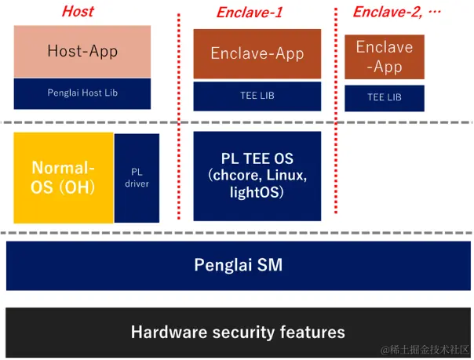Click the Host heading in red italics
[77, 11]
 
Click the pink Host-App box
[82, 52]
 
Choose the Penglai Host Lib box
[82, 93]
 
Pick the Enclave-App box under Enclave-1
[257, 54]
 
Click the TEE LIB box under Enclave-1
[257, 96]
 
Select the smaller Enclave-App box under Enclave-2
[385, 56]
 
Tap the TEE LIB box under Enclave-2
[385, 97]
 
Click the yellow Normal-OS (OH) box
[63, 177]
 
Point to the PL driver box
[137, 177]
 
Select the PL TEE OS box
[257, 176]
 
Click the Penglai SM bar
[238, 265]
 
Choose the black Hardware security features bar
[238, 332]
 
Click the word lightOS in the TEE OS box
[257, 192]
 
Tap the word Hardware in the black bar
[169, 332]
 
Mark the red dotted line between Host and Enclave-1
[180, 118]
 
